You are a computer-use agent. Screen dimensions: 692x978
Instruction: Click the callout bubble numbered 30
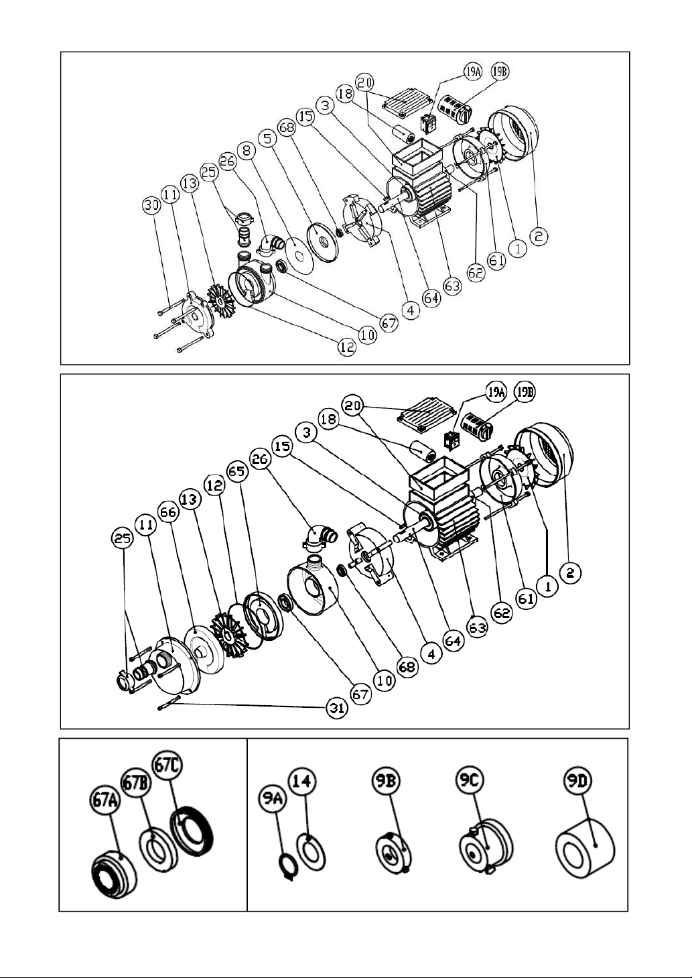click(x=151, y=206)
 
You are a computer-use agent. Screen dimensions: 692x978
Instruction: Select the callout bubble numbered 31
click(x=337, y=708)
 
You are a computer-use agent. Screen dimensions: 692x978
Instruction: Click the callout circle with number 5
click(x=267, y=138)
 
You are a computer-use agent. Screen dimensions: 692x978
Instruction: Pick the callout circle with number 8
click(x=247, y=150)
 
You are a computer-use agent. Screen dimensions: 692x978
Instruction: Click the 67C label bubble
click(x=167, y=766)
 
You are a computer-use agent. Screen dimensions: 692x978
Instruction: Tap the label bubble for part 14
click(x=302, y=781)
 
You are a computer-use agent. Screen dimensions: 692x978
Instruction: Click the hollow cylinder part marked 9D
click(x=585, y=848)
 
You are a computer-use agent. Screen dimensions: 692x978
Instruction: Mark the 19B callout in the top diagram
click(x=500, y=71)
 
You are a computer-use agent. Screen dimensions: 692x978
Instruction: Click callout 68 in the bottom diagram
click(x=407, y=667)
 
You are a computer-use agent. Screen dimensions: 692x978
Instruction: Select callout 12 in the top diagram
click(x=347, y=347)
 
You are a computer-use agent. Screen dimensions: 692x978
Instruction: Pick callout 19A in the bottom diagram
click(x=495, y=392)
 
